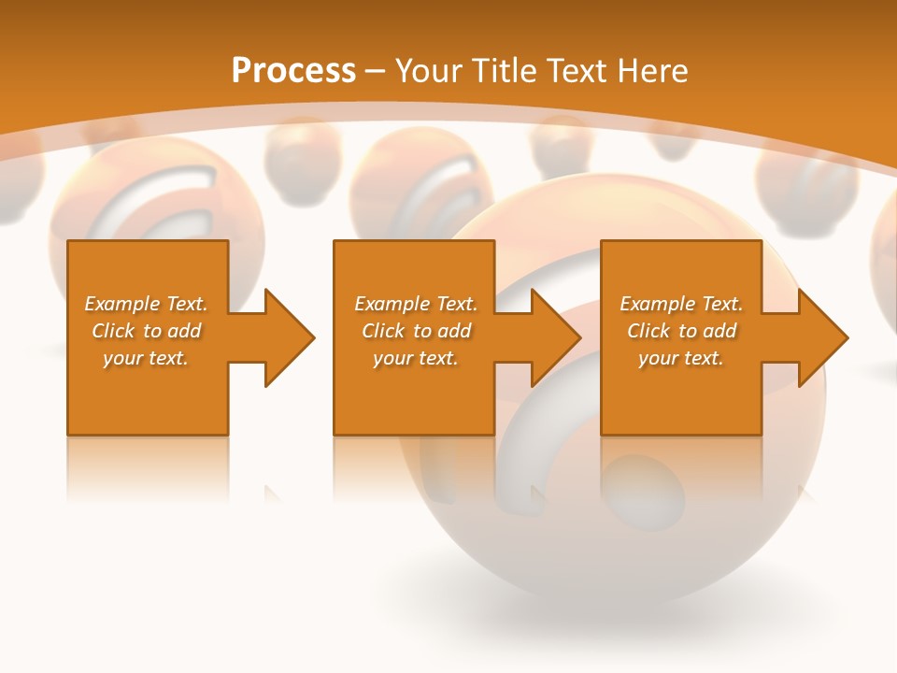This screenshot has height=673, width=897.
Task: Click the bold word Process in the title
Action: coord(293,71)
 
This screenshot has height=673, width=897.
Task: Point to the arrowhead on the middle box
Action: coord(555,337)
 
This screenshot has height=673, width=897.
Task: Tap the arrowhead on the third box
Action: coord(821,337)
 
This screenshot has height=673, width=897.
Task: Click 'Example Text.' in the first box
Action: coord(146,304)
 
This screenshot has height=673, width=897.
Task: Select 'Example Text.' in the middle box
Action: coord(415,304)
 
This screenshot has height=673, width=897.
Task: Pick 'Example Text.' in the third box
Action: coord(681,304)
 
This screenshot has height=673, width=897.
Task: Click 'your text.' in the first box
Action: coord(146,358)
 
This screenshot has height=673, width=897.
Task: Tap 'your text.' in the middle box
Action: coord(415,358)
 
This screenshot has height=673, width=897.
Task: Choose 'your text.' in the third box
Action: coord(681,358)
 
